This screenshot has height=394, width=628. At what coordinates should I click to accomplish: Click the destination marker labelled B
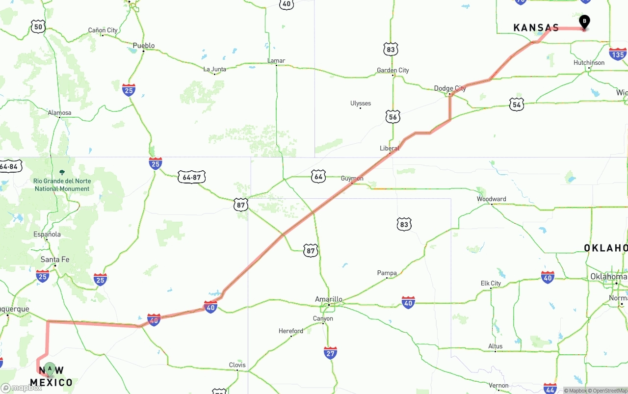click(584, 22)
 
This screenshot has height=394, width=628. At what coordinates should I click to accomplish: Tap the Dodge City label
click(450, 88)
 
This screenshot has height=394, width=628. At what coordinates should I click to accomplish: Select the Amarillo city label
click(328, 299)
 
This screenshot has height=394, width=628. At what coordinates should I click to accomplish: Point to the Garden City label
click(392, 70)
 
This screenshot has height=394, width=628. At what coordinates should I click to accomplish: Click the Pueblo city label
click(144, 46)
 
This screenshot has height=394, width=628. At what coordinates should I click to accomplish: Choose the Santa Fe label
click(55, 259)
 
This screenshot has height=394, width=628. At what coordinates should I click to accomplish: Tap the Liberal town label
click(390, 148)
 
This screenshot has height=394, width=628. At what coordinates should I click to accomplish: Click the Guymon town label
click(352, 178)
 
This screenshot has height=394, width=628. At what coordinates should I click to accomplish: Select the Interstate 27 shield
click(330, 352)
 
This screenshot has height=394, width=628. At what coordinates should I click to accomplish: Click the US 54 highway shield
click(516, 104)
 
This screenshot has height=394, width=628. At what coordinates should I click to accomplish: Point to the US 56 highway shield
click(393, 116)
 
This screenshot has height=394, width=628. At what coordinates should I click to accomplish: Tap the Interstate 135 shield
click(618, 53)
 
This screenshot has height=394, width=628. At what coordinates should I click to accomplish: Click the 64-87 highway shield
click(191, 177)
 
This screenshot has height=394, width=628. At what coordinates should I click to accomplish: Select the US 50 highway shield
click(38, 26)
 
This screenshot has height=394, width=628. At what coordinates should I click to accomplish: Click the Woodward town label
click(491, 199)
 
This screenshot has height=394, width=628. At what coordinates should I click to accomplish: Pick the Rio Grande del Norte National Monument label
click(62, 184)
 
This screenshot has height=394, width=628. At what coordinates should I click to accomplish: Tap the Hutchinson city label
click(589, 63)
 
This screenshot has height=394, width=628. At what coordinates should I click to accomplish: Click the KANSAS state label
click(536, 28)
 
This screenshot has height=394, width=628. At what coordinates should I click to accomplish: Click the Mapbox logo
click(22, 388)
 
